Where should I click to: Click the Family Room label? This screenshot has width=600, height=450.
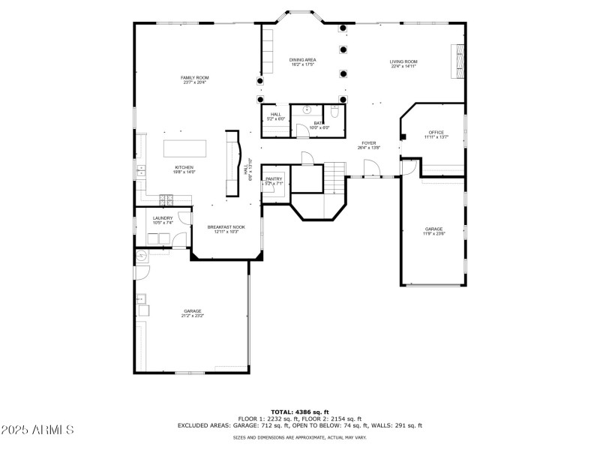(194, 78)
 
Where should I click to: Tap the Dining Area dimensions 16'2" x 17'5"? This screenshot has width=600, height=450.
(302, 64)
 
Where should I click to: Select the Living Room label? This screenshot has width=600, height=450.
(403, 61)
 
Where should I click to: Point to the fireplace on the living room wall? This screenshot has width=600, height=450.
(456, 61)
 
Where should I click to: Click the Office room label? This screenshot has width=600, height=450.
(436, 133)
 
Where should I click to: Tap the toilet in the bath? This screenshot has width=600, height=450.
(335, 113)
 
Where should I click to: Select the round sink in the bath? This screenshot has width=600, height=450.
(307, 109)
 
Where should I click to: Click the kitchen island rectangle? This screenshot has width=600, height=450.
(184, 146)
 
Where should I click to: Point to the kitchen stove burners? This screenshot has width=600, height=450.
(165, 199)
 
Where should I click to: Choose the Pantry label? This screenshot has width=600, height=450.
(274, 178)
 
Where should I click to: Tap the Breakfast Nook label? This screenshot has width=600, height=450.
(226, 226)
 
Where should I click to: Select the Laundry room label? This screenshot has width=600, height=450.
(163, 218)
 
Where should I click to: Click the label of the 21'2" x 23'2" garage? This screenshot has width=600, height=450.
(192, 310)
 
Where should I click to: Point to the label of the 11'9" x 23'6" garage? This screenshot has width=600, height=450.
(433, 229)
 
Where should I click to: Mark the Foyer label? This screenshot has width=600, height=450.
(368, 142)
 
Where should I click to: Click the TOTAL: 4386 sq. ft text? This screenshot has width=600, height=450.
(299, 412)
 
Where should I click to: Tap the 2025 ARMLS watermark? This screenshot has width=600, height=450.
(37, 430)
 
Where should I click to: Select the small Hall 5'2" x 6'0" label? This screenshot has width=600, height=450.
(275, 114)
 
